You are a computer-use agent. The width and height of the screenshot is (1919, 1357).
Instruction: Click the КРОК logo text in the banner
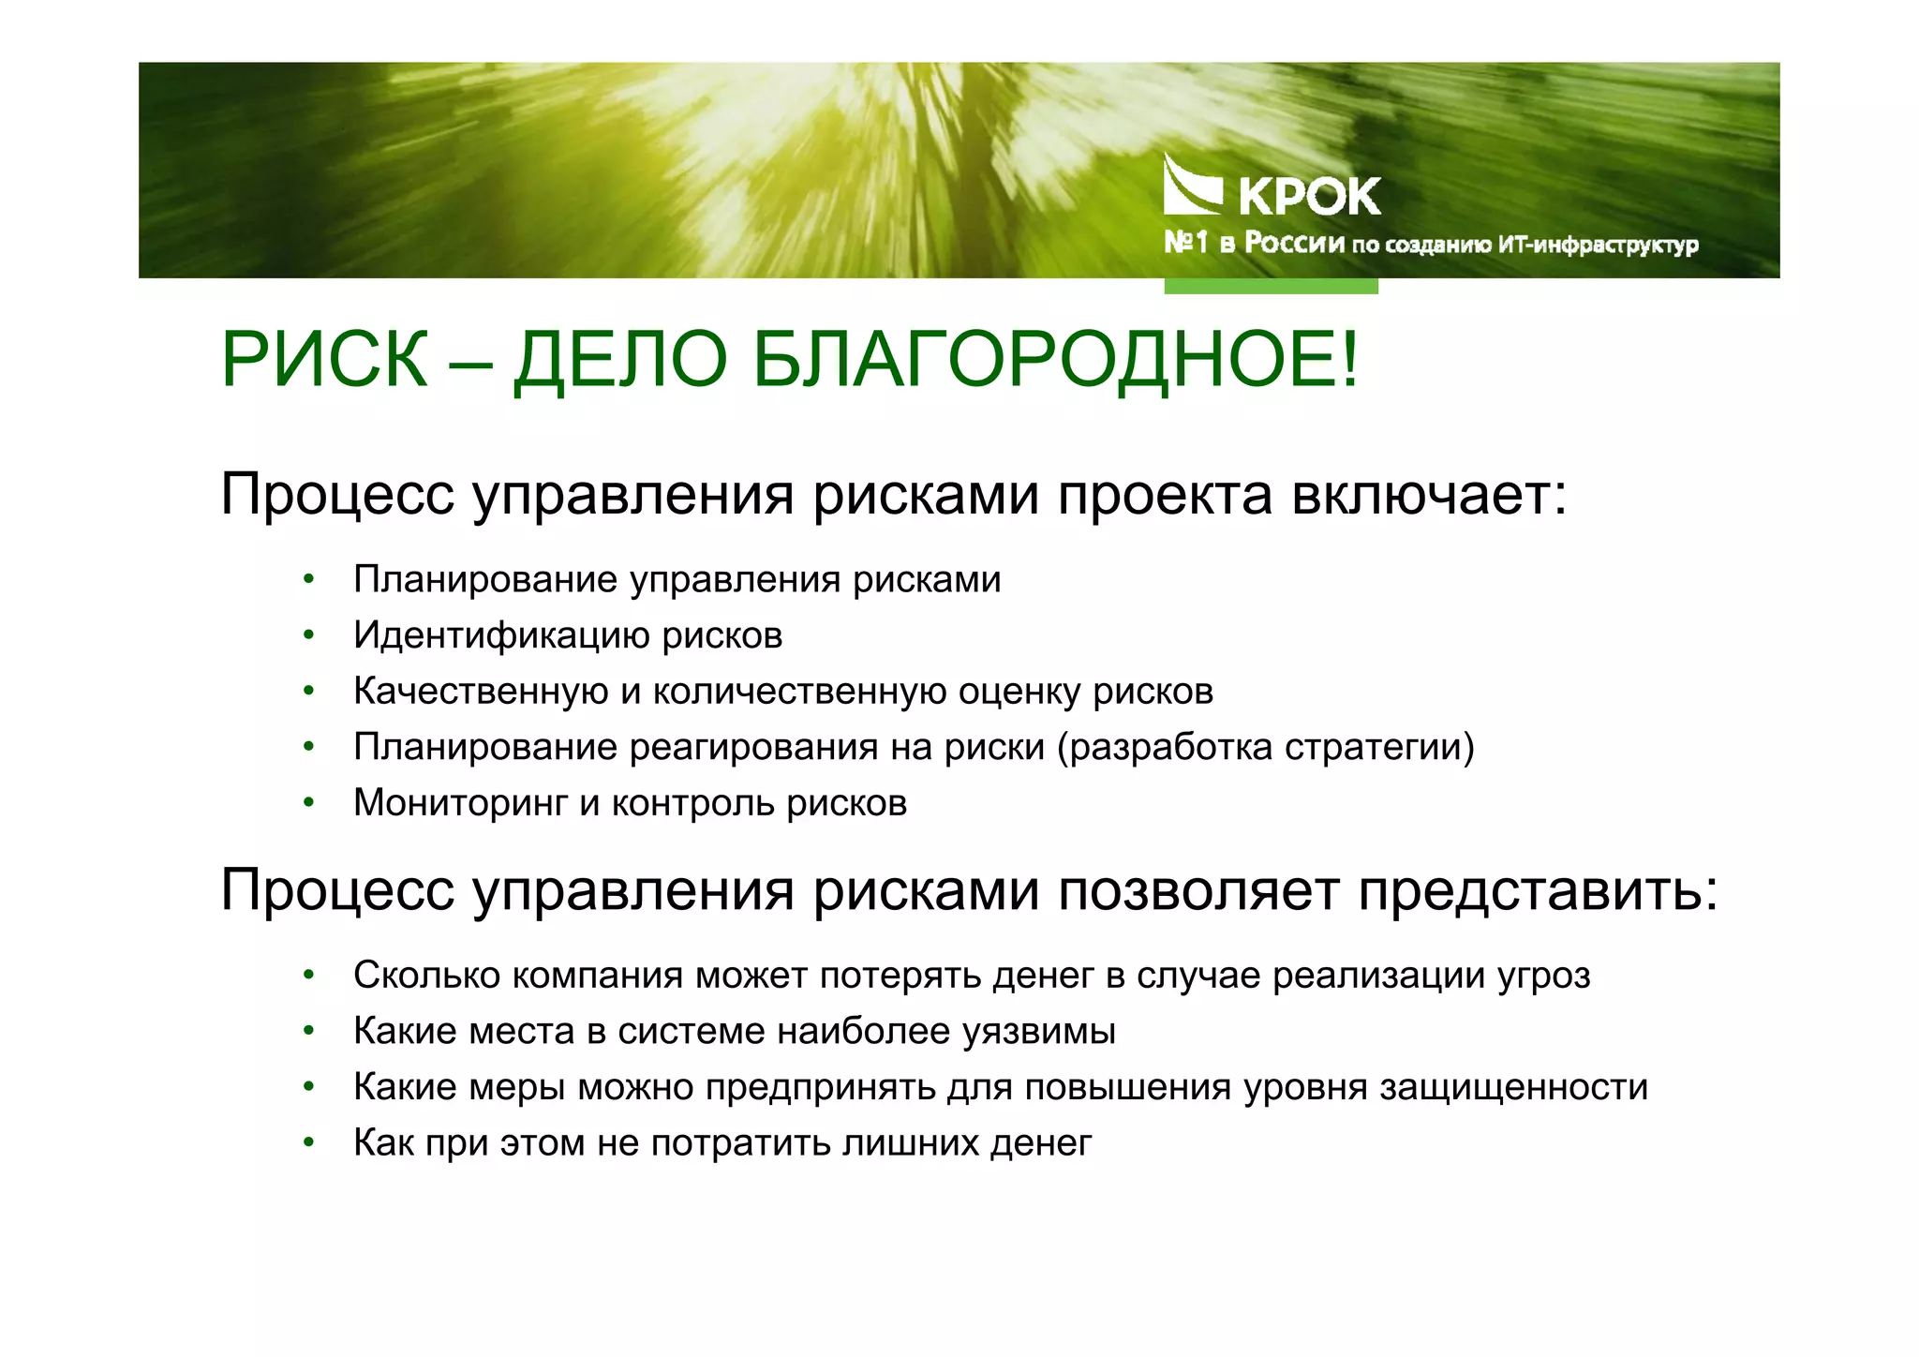(1309, 196)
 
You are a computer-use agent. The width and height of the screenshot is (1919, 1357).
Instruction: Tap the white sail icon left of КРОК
(1191, 186)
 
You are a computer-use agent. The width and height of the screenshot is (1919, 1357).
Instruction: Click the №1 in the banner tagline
(1185, 243)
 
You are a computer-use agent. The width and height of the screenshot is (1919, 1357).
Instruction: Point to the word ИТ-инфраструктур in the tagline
(1599, 246)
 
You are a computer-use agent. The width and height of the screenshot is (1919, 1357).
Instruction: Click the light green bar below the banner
(1271, 286)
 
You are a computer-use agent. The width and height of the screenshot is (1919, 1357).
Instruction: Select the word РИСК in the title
(324, 360)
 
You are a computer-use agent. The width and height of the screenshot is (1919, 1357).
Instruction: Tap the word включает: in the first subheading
(1429, 495)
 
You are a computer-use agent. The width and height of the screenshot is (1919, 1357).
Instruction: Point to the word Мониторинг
(460, 803)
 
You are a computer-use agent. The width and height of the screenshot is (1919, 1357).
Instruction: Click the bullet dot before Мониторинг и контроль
(308, 803)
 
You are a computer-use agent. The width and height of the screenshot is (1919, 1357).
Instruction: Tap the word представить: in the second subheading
(1539, 890)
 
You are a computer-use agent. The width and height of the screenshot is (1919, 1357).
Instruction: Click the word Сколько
(425, 976)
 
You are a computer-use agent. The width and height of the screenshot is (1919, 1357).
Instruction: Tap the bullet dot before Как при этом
(308, 1143)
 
